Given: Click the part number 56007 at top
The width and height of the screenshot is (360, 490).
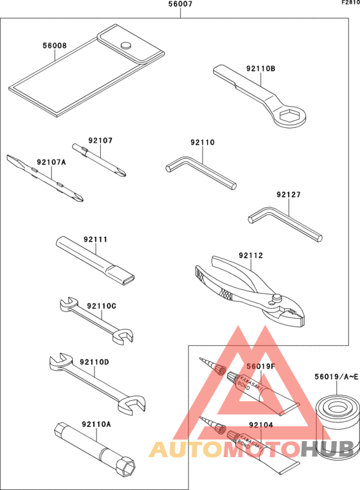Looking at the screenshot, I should coord(180,4).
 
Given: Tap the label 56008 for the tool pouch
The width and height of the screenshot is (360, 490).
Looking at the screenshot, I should coord(55,46).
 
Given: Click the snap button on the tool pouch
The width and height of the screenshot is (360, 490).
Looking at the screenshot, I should coord(126,44).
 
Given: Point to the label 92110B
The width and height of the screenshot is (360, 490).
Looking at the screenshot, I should coord(260,68).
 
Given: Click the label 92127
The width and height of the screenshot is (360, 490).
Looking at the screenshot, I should coord(289,194).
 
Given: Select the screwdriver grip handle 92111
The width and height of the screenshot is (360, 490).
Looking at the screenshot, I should coord(96,261).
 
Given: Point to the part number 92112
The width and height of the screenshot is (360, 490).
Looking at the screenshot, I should coord(251,255).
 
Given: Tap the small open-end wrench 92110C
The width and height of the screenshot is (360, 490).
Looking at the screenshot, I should coord(96,318).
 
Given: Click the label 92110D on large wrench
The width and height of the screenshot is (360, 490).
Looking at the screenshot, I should coord(94,362).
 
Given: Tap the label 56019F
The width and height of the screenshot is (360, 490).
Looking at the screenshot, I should coord(261,366).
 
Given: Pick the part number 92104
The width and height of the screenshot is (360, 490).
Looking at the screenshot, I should coord(261,425).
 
